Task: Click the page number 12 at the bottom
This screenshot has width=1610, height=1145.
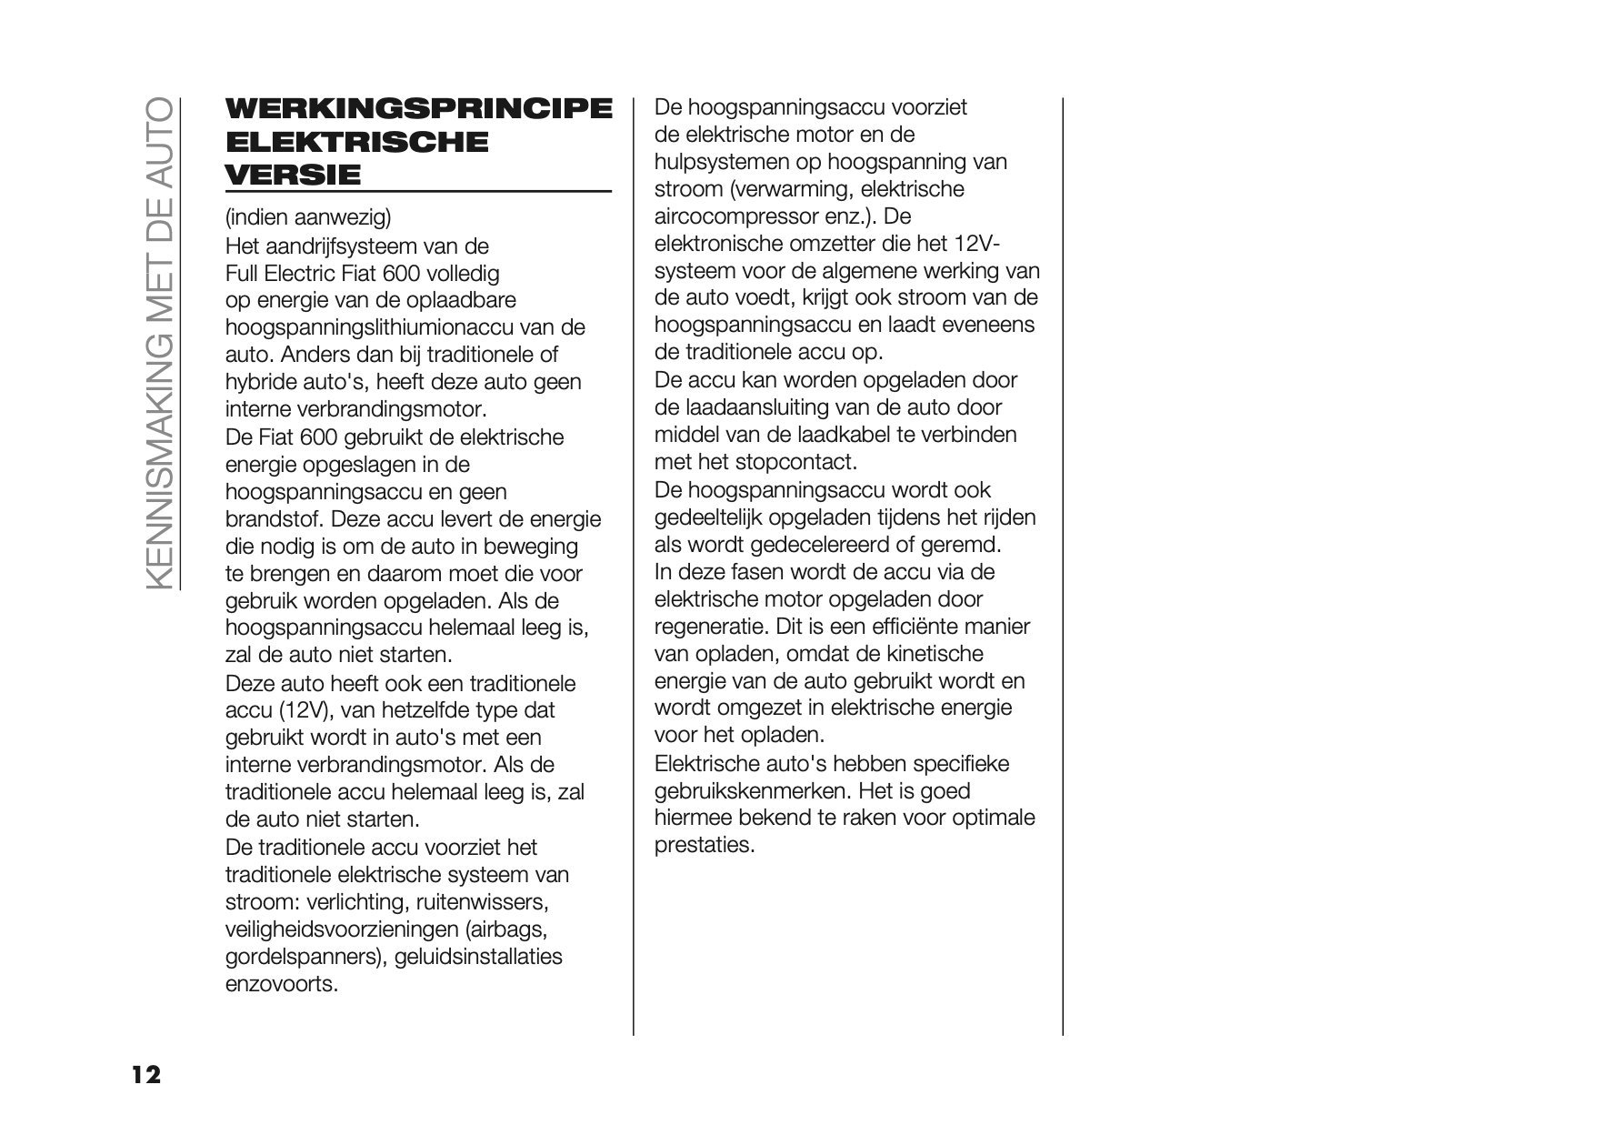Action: pyautogui.click(x=145, y=1075)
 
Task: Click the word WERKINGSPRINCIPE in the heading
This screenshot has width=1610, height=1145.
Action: pyautogui.click(x=418, y=108)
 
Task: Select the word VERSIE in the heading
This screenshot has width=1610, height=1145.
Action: pyautogui.click(x=293, y=174)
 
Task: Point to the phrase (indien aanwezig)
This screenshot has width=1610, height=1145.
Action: pyautogui.click(x=308, y=217)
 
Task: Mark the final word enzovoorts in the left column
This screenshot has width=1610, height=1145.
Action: pyautogui.click(x=281, y=984)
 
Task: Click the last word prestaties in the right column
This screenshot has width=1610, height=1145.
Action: pyautogui.click(x=705, y=846)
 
